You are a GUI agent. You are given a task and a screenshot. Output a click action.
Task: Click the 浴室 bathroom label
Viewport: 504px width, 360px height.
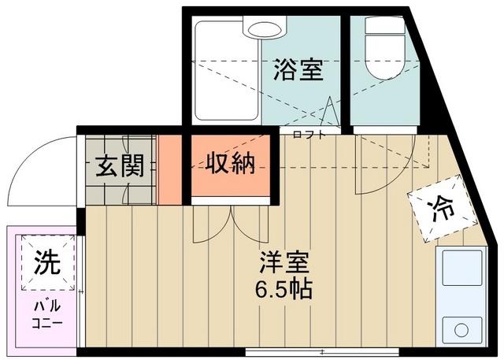tap(298, 70)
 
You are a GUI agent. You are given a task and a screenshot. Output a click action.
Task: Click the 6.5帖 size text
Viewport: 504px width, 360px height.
tap(283, 288)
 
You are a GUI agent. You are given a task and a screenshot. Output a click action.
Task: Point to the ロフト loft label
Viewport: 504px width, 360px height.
tap(308, 135)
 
